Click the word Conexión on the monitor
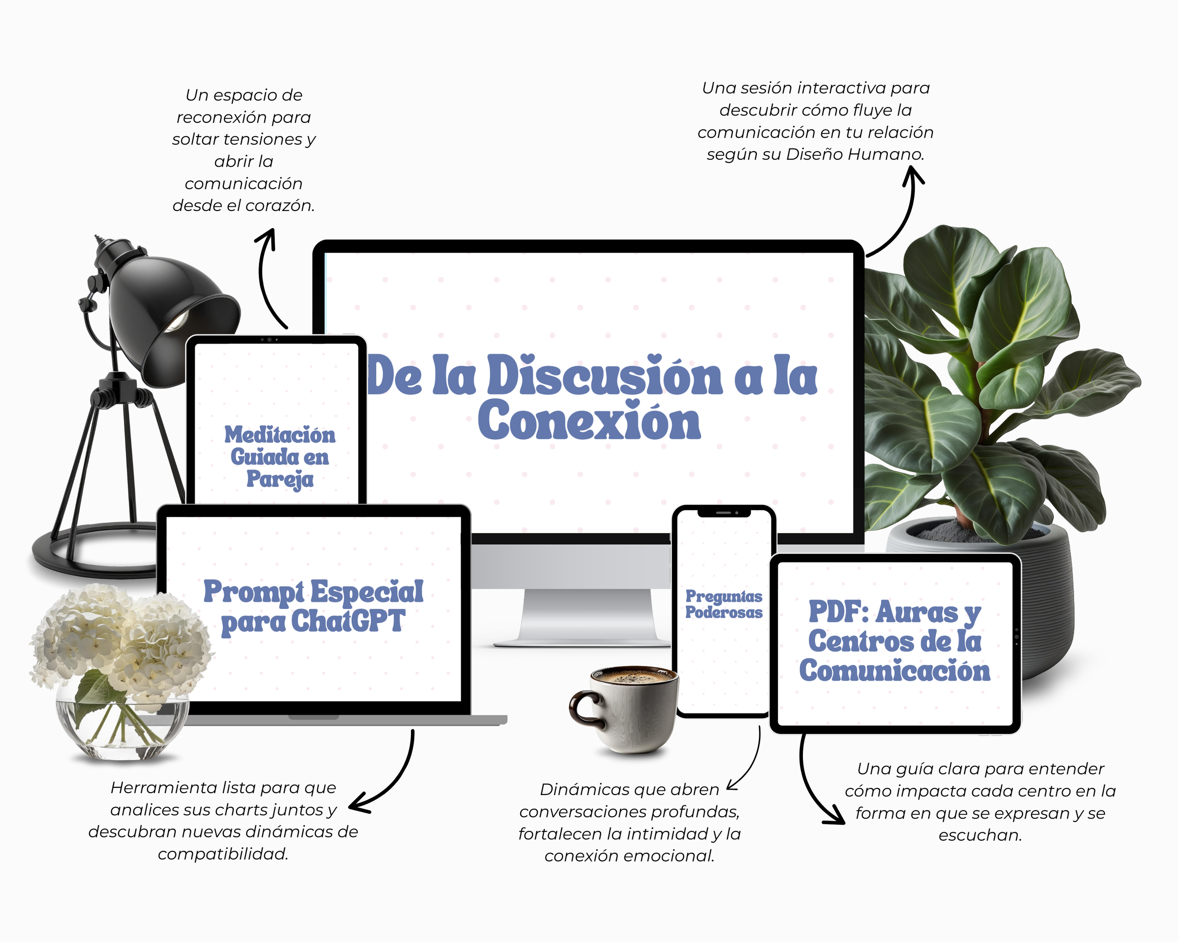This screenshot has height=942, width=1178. click(589, 421)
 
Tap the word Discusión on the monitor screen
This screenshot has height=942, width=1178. click(604, 376)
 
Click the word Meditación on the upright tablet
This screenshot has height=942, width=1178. click(280, 435)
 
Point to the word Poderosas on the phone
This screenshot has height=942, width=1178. click(723, 613)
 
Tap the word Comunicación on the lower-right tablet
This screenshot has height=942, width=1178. click(894, 671)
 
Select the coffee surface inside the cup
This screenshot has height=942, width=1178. click(634, 677)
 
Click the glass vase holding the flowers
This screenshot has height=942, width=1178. click(123, 729)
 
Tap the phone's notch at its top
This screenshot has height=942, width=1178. click(723, 513)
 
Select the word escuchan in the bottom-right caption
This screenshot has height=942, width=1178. click(980, 836)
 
